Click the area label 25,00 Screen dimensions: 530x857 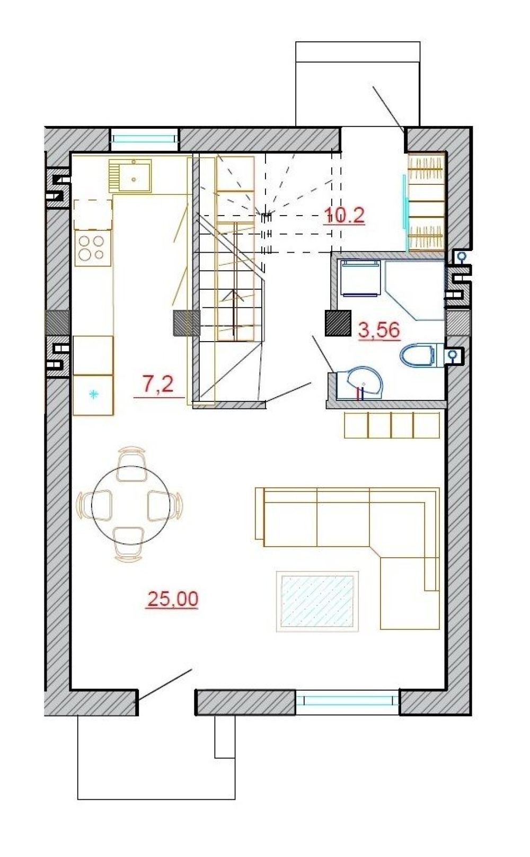pyautogui.click(x=173, y=599)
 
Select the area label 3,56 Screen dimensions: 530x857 pyautogui.click(x=379, y=330)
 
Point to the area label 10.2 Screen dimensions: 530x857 pyautogui.click(x=344, y=216)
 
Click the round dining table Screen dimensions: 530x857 pyautogui.click(x=131, y=505)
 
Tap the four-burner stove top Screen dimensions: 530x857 pyautogui.click(x=93, y=248)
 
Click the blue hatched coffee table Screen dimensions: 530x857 pyautogui.click(x=317, y=601)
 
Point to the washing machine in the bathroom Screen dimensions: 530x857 pyautogui.click(x=360, y=278)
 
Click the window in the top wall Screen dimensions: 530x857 pyautogui.click(x=145, y=140)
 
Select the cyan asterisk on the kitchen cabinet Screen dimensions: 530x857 pyautogui.click(x=93, y=394)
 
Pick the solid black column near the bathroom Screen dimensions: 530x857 pyautogui.click(x=338, y=323)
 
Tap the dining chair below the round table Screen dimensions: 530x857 pyautogui.click(x=129, y=545)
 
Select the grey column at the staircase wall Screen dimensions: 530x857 pyautogui.click(x=187, y=323)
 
